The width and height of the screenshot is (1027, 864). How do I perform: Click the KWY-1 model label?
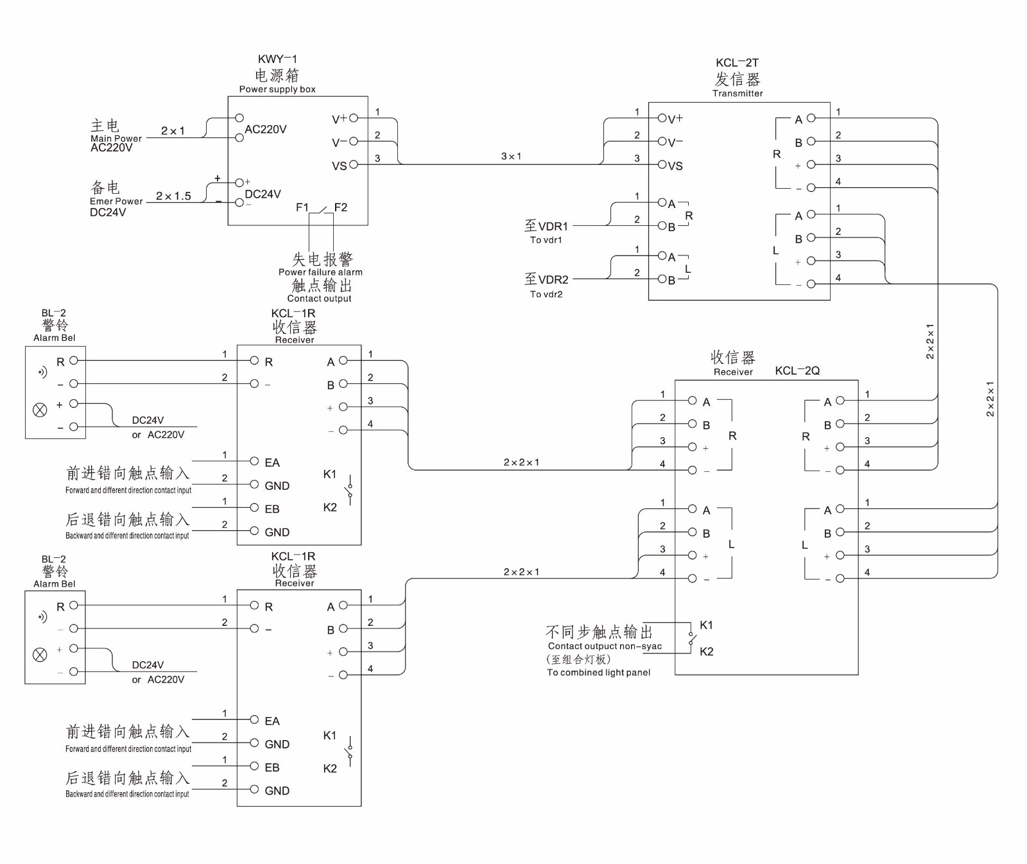[x=277, y=59]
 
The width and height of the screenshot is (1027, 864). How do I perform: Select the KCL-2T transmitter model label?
[x=737, y=63]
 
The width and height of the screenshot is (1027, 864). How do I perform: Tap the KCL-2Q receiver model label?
[x=797, y=371]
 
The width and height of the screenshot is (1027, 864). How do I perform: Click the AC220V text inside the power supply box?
[x=265, y=129]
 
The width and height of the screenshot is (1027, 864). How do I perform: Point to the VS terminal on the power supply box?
[x=353, y=165]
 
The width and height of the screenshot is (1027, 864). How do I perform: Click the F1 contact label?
[x=302, y=207]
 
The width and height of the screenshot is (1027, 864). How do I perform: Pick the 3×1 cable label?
[x=511, y=156]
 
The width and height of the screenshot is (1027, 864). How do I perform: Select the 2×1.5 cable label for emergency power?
[x=173, y=196]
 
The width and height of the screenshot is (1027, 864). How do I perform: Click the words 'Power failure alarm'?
[x=320, y=272]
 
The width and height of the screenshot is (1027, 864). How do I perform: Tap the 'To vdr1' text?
[x=546, y=240]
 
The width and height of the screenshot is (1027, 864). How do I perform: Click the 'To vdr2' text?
[x=546, y=294]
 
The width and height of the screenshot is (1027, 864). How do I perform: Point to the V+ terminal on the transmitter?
[x=662, y=119]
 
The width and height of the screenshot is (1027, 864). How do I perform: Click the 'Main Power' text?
[x=116, y=138]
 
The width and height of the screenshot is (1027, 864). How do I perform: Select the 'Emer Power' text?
[x=116, y=201]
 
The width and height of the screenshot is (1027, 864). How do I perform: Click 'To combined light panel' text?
[x=598, y=673]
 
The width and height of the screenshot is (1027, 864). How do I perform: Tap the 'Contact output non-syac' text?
[x=605, y=646]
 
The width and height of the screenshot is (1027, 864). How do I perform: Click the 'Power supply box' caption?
[x=277, y=89]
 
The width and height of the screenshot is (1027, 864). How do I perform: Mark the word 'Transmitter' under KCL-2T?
[x=738, y=93]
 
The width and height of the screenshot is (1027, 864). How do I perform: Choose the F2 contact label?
[x=340, y=207]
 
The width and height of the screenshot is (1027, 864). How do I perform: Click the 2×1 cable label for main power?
[x=173, y=131]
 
